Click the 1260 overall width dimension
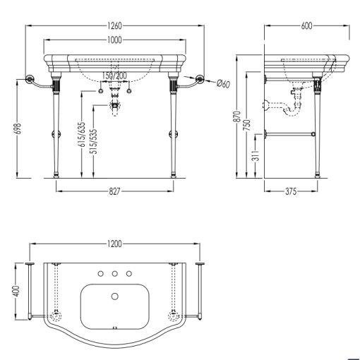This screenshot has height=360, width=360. click(x=114, y=25)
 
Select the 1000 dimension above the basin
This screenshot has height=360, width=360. click(x=114, y=40)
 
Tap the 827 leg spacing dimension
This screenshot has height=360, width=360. click(x=114, y=191)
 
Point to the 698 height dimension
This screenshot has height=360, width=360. click(x=18, y=128)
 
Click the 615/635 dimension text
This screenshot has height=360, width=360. click(x=82, y=134)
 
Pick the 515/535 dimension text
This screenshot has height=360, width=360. click(x=94, y=141)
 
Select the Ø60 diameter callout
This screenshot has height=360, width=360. click(x=223, y=83)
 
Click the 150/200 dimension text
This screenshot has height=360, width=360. click(x=114, y=76)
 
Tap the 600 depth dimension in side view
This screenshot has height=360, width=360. click(x=306, y=25)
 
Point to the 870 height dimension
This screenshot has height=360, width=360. click(x=238, y=116)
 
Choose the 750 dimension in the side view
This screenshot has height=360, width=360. click(x=248, y=126)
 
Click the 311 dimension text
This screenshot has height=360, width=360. click(x=256, y=155)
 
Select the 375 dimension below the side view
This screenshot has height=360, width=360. click(x=291, y=191)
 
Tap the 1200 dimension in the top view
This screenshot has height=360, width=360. click(x=114, y=244)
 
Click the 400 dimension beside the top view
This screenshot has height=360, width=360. click(x=17, y=292)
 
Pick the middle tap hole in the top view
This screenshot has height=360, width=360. click(x=115, y=274)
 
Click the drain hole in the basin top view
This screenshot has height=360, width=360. click(x=115, y=296)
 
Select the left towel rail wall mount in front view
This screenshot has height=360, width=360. click(x=30, y=79)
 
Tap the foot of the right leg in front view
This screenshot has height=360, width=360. click(x=174, y=176)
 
